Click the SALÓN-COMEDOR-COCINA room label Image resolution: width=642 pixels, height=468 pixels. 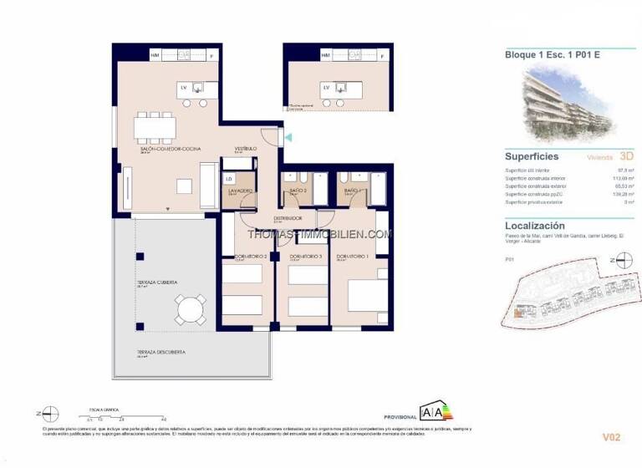166,150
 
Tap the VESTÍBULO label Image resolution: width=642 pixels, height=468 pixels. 245,149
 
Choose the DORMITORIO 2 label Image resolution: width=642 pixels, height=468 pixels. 250,256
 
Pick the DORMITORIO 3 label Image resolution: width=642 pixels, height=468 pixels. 306,256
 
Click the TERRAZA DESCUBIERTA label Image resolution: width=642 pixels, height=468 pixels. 161,352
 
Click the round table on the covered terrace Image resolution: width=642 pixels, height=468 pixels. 190,309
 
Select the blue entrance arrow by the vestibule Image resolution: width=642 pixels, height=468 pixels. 288,137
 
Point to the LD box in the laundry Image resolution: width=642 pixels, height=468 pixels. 229,178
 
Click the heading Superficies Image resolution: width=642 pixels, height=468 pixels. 532,156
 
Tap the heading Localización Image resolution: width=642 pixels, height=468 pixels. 535,226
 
